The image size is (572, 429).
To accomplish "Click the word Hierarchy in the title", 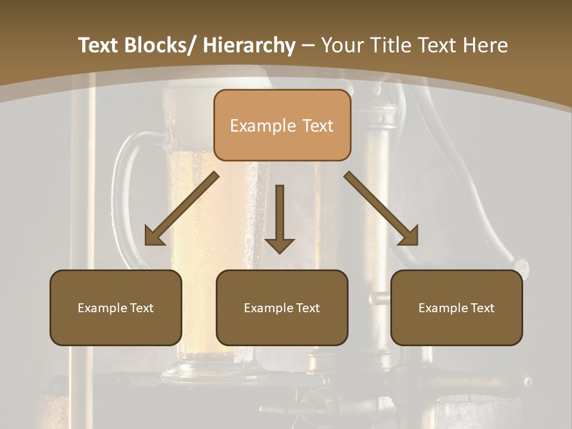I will coord(249,45).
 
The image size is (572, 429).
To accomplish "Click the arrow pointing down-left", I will coord(182,209).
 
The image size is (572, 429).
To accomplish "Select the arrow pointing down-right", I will coord(381,209).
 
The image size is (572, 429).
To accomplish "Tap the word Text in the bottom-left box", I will coord(142,308).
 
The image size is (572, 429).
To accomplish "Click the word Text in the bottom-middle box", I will coord(308,308).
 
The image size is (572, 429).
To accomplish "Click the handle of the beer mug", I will coord(122,179).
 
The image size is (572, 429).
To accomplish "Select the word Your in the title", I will coord(341,45).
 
